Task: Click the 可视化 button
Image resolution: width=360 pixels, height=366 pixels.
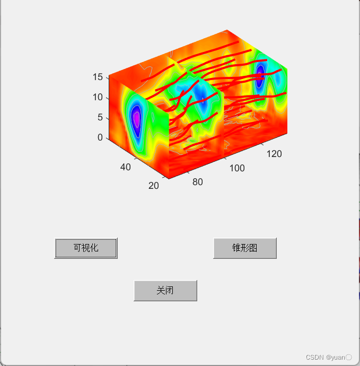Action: coord(86,248)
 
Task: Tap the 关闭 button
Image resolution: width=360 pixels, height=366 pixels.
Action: coord(165,291)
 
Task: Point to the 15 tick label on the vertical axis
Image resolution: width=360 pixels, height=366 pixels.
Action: coord(98,77)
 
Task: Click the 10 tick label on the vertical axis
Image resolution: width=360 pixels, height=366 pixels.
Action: coord(98,97)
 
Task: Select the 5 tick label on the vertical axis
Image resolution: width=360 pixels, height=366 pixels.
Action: coord(100,117)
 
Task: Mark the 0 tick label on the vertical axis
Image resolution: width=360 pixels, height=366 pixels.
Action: coord(100,137)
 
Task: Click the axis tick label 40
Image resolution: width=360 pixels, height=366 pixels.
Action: coord(126,167)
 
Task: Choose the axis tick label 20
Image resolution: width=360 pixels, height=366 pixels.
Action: coord(154,186)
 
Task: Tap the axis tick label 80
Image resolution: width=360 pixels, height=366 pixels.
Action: coord(198,182)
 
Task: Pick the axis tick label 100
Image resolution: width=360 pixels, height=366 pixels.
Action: coord(237,168)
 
